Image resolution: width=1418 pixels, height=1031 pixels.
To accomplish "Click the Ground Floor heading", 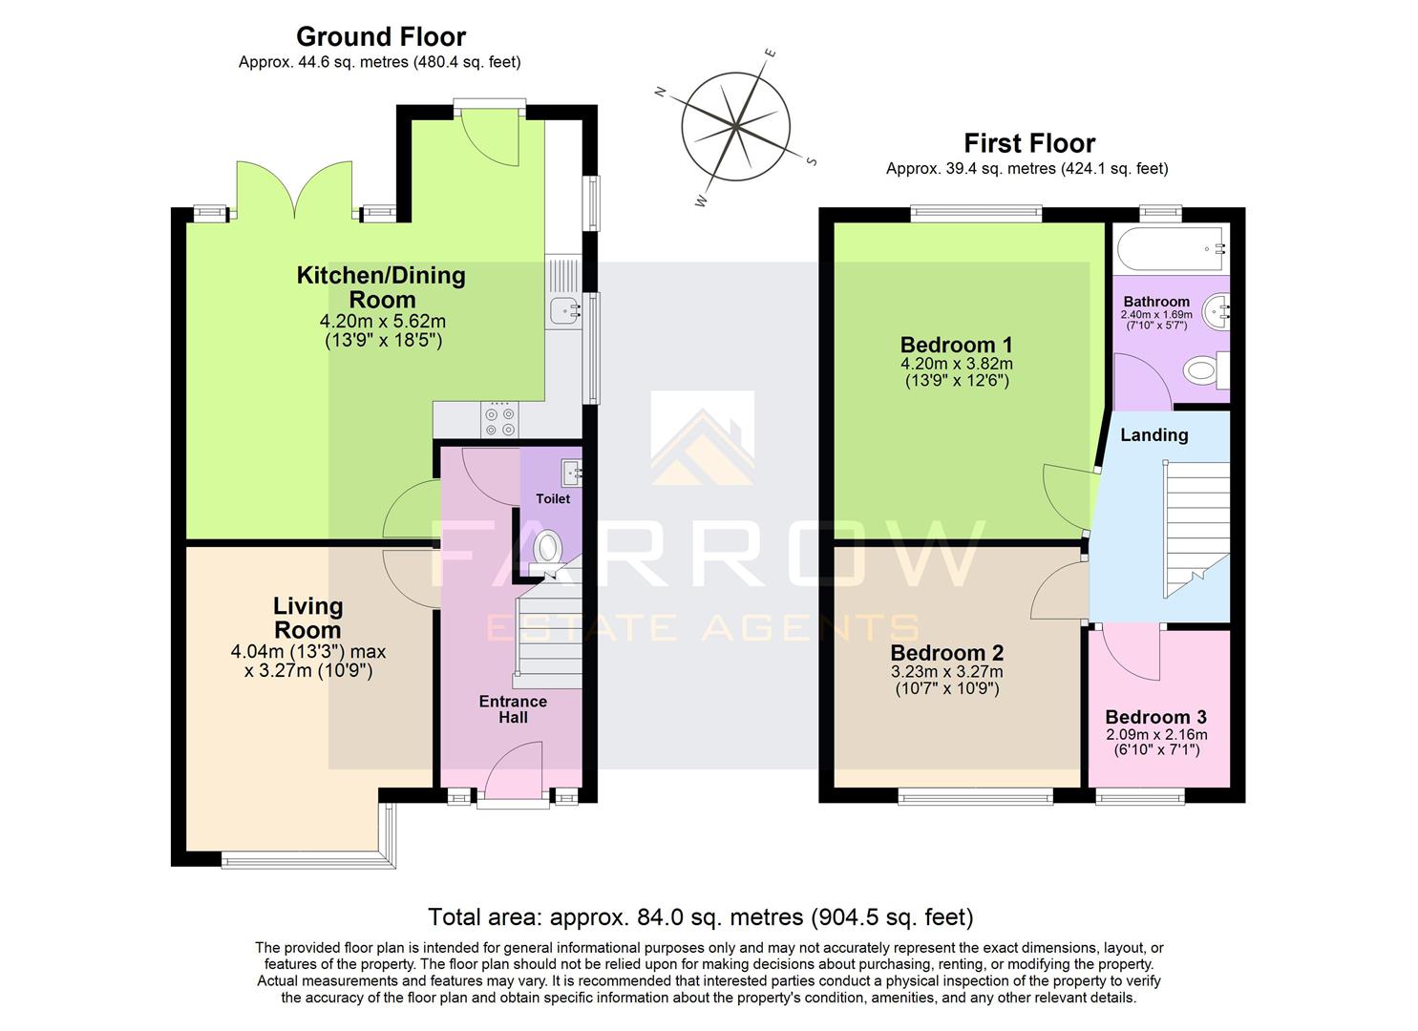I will tap(381, 37).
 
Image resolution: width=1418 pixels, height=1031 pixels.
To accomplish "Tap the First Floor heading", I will tap(1028, 144).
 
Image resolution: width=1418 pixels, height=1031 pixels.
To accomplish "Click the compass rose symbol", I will tap(735, 127).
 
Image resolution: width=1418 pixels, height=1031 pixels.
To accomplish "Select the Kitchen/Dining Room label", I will tap(381, 287).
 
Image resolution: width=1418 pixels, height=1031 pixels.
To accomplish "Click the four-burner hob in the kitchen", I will tap(500, 421).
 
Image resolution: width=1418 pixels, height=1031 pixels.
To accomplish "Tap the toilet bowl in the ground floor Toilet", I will tap(547, 549).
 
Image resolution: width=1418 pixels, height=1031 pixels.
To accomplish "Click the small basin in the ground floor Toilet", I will tap(572, 471).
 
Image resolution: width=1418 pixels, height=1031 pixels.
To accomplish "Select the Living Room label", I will tap(307, 618).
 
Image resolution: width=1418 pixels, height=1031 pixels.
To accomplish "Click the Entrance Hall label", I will tap(513, 709).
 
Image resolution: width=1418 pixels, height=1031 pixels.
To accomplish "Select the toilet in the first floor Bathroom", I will tap(1205, 369).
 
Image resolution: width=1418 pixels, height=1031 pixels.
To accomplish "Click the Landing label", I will tap(1153, 435).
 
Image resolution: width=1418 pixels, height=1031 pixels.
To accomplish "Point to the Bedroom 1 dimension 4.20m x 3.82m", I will tap(956, 364).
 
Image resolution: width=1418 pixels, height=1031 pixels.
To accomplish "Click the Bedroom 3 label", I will tap(1155, 717).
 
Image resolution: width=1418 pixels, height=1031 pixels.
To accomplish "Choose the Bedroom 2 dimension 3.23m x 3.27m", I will tap(946, 672).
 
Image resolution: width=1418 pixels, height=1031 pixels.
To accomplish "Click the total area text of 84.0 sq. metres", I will tap(700, 917).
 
